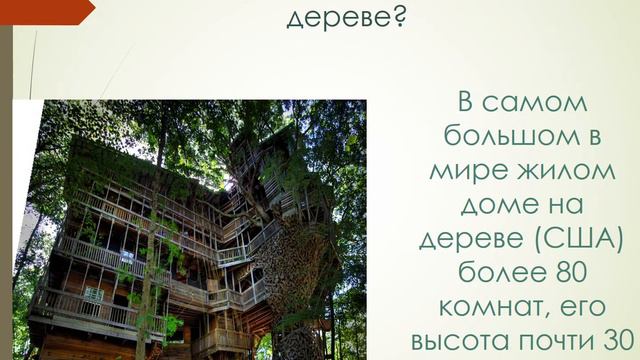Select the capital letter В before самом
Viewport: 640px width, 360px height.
click(x=465, y=103)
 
